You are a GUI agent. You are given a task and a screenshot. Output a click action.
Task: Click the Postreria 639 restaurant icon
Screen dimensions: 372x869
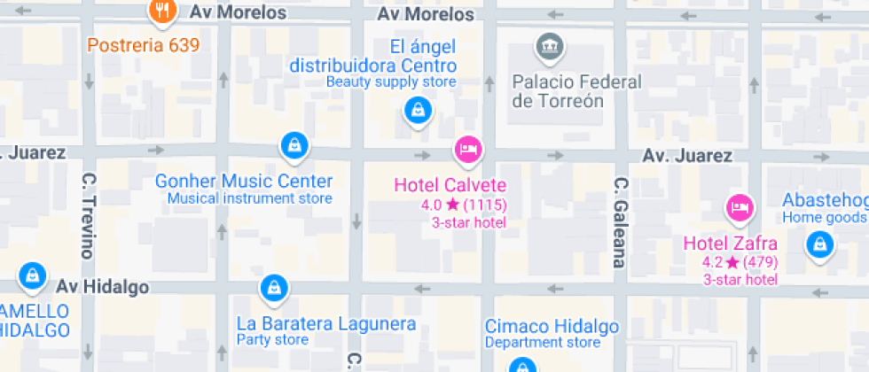click(161, 11)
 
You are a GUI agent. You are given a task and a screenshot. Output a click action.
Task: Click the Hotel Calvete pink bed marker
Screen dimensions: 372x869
click(467, 148)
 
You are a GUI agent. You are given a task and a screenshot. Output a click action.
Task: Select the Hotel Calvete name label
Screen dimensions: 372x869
click(450, 185)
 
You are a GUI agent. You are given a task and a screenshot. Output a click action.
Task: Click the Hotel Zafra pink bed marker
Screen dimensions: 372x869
click(738, 207)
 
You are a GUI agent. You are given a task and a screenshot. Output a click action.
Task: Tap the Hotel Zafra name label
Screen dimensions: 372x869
click(730, 244)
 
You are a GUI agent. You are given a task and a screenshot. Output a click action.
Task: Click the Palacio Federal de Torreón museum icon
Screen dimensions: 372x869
click(547, 44)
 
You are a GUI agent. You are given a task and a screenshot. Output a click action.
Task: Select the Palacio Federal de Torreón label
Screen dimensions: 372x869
click(576, 91)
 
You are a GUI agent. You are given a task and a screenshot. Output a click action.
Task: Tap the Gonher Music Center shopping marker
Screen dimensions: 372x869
click(294, 144)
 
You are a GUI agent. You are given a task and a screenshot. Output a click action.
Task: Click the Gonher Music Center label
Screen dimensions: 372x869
click(244, 181)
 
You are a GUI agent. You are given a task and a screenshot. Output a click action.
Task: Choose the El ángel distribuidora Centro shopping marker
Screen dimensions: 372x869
click(417, 111)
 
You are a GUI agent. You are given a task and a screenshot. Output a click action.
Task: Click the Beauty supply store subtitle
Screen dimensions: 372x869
click(391, 82)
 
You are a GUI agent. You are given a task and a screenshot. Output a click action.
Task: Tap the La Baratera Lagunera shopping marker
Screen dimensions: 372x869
click(273, 287)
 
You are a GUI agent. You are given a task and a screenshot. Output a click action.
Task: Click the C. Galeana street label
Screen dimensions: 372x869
click(620, 221)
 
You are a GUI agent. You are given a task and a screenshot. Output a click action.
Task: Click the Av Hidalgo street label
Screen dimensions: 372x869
click(102, 287)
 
